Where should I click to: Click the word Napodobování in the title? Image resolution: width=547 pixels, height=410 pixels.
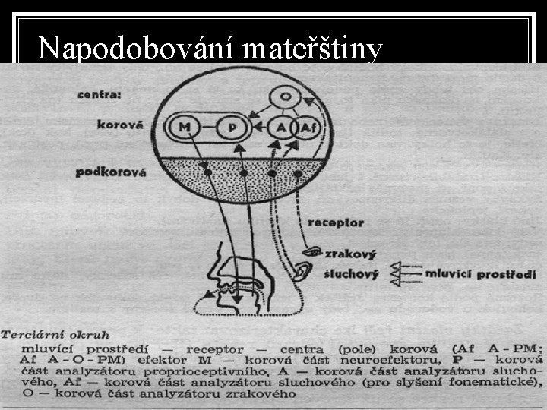click(139, 49)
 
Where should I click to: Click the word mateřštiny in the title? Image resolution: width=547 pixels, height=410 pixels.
click(314, 49)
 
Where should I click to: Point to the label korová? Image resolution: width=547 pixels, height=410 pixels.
click(119, 125)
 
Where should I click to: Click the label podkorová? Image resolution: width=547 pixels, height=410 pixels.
click(110, 172)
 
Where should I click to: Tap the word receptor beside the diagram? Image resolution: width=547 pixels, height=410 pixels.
click(336, 223)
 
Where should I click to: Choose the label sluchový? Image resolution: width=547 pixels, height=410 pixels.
click(350, 273)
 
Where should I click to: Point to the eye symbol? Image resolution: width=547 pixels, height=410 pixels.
click(312, 251)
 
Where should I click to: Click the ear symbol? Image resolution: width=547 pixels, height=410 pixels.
click(305, 270)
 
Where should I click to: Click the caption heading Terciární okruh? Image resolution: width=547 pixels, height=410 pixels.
click(55, 333)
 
